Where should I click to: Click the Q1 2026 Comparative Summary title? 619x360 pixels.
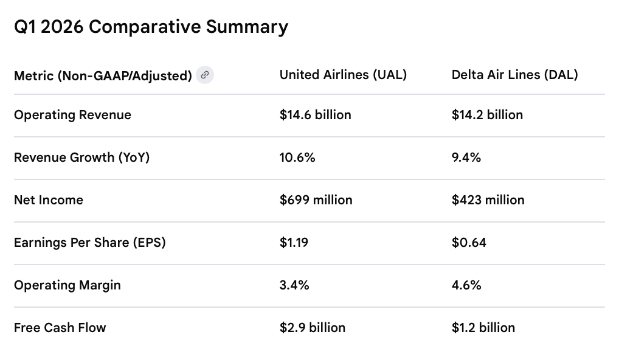(151, 27)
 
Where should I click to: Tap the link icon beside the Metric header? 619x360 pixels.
(205, 75)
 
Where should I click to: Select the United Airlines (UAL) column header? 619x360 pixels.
(343, 75)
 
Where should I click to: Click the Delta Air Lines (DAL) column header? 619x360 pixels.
(514, 75)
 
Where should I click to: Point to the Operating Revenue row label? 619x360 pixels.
(72, 115)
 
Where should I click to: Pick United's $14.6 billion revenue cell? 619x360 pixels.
(315, 115)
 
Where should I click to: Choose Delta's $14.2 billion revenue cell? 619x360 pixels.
(487, 115)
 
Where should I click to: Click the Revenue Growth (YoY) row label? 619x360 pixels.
(81, 157)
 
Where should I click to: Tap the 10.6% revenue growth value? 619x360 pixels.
(297, 157)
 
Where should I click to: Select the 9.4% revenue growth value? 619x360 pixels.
(466, 157)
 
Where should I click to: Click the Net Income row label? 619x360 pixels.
(49, 200)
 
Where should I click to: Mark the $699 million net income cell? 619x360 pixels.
(316, 200)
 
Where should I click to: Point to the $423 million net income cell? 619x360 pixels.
(488, 200)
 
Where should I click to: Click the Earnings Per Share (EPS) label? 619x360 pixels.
(90, 243)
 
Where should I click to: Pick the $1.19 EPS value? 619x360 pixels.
(294, 243)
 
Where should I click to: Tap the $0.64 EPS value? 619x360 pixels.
(469, 243)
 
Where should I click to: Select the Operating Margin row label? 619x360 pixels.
(67, 285)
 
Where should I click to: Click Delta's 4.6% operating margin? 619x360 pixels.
(466, 285)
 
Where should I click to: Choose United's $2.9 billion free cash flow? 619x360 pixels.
(313, 328)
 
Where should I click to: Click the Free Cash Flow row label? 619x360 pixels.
(60, 328)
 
